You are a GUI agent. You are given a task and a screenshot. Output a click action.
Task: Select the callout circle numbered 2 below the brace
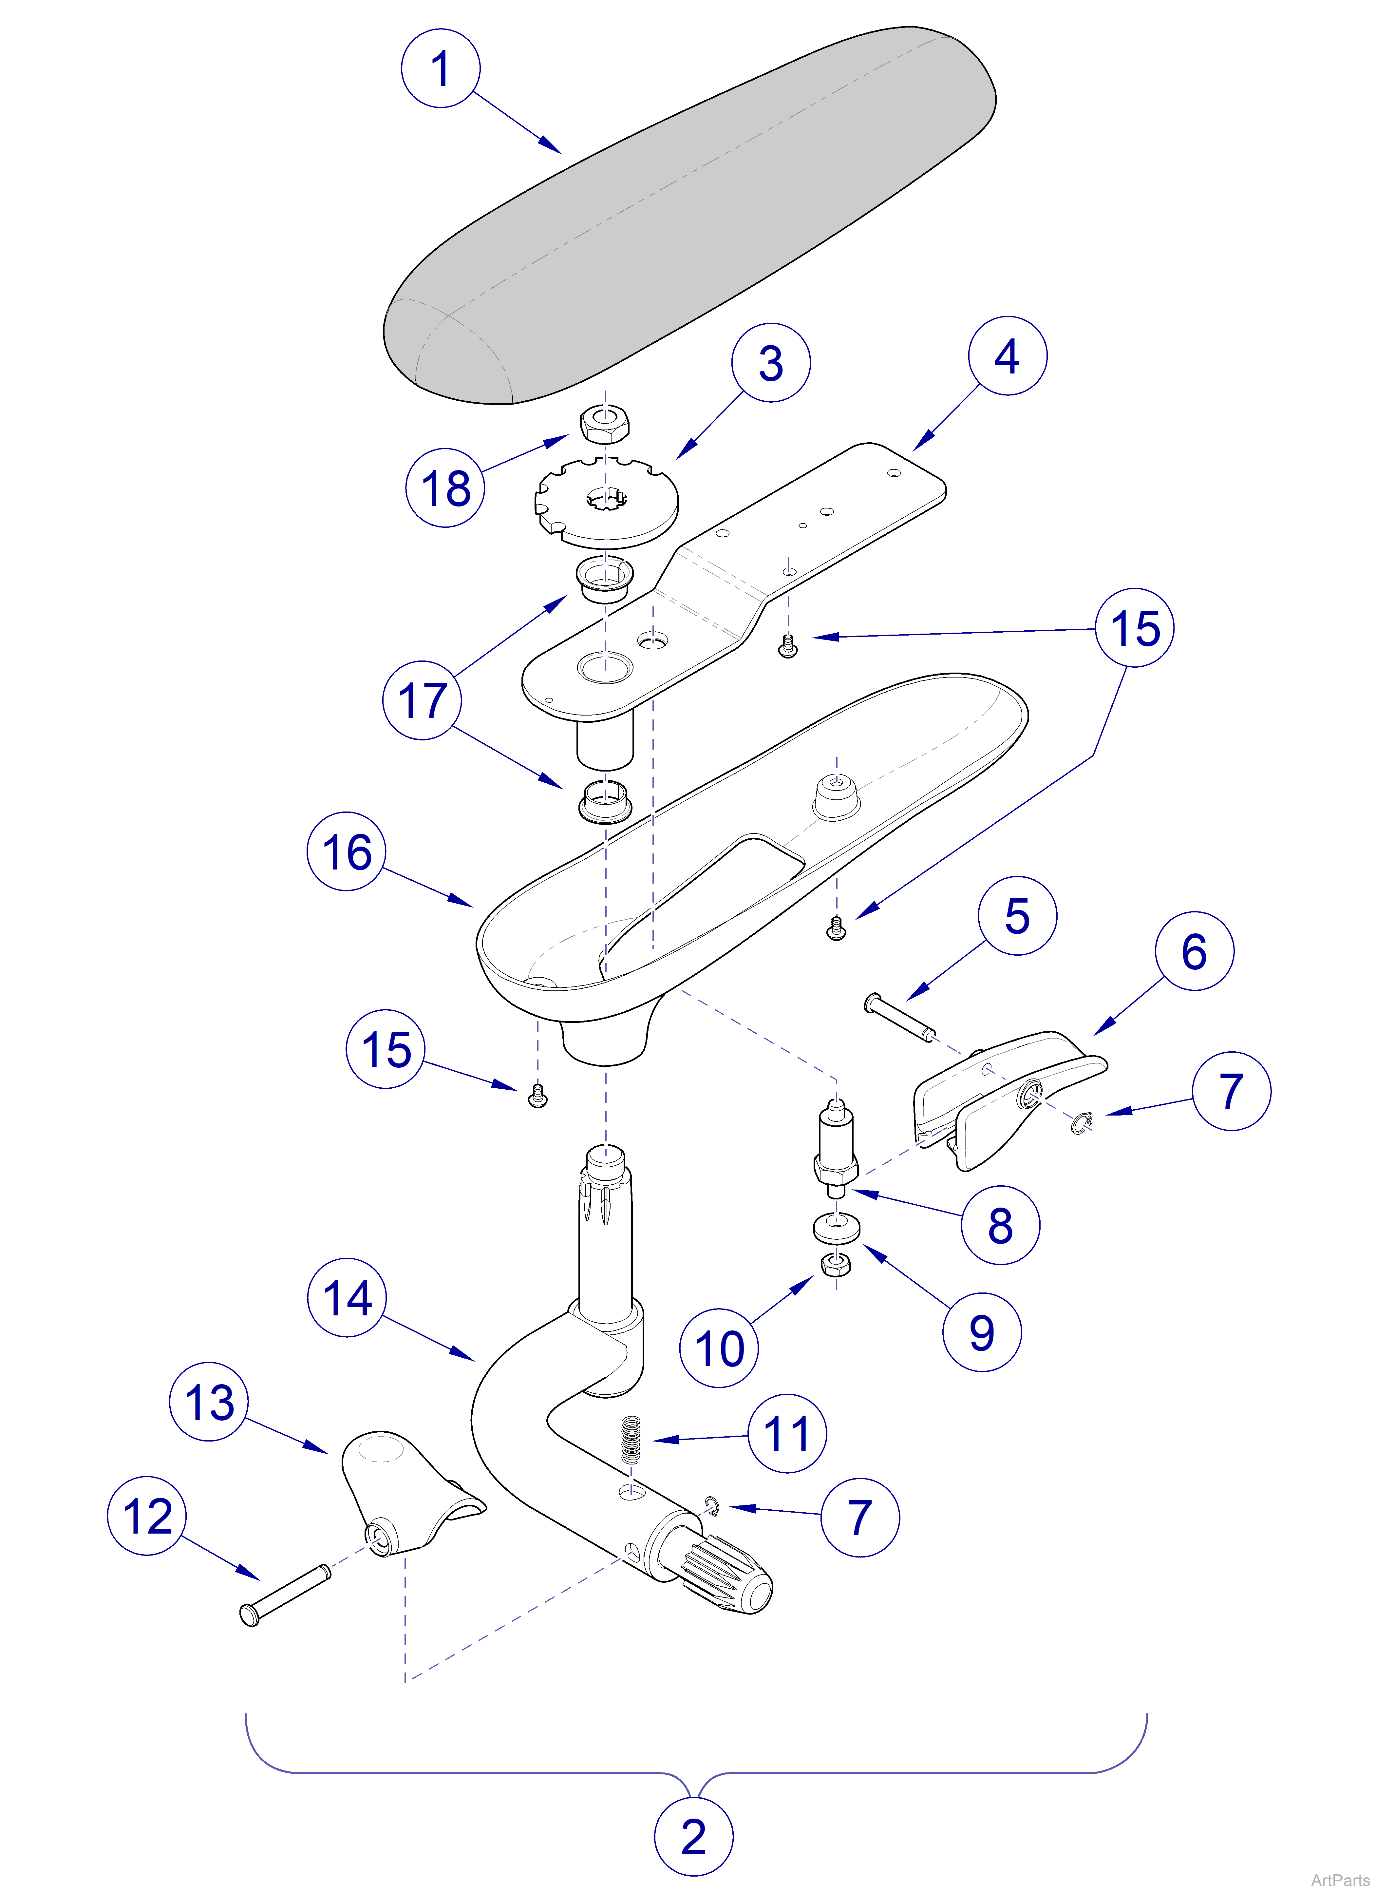click(693, 1837)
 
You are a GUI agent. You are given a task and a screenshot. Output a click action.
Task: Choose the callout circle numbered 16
click(346, 852)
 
